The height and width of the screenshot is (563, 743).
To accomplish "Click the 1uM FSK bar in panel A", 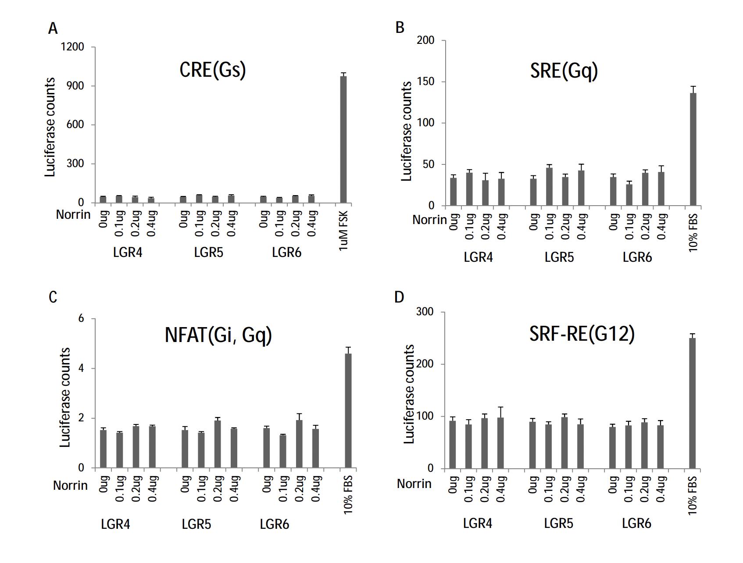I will point(343,139).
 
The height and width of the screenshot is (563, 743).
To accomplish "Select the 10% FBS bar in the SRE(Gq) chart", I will point(693,149).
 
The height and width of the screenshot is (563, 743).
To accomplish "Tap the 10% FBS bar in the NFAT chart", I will point(348,410).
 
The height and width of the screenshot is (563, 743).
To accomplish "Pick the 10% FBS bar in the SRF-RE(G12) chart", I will point(692,403).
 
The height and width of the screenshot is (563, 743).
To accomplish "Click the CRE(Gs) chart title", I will point(213,70).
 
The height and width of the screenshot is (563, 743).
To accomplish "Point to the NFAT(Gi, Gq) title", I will point(218,335).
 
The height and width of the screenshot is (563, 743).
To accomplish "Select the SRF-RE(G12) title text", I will point(582,334).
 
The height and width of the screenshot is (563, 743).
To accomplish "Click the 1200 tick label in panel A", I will point(72,47).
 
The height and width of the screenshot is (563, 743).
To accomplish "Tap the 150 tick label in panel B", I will point(425,82).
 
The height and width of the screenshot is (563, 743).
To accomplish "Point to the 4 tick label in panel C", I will point(81,368).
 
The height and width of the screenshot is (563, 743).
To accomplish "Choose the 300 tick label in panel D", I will point(425,312).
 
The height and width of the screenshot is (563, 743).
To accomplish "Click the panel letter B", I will point(400,28).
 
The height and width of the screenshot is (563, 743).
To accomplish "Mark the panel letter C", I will point(53,297).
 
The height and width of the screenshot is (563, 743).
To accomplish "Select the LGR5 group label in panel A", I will point(208,253).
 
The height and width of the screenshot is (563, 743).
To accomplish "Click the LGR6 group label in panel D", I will point(636,524).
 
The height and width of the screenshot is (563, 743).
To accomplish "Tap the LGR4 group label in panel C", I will point(115,524).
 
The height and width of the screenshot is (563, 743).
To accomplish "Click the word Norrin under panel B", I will point(429,220).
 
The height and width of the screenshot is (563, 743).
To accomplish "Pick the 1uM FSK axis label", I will point(343,231).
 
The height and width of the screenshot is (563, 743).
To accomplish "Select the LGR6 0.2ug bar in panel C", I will point(300,444).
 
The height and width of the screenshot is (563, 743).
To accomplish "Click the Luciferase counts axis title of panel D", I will point(409,394).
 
